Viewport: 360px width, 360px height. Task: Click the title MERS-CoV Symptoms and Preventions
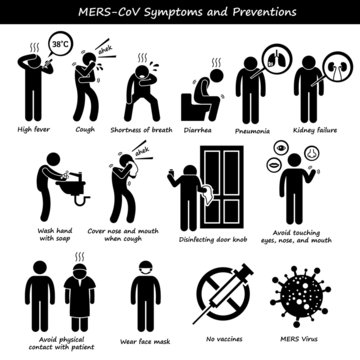(180, 12)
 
